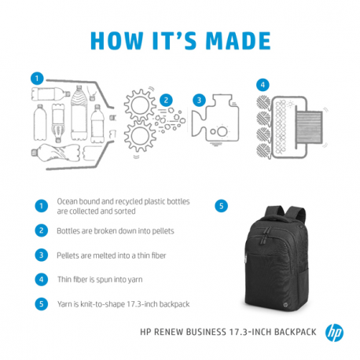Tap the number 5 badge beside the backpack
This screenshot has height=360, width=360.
(x=222, y=206)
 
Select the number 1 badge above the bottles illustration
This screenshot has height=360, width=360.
(x=36, y=79)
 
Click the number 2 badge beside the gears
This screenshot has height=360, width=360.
(x=166, y=100)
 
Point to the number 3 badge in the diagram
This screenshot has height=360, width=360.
(x=200, y=100)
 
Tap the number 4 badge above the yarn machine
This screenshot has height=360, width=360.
(x=263, y=84)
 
